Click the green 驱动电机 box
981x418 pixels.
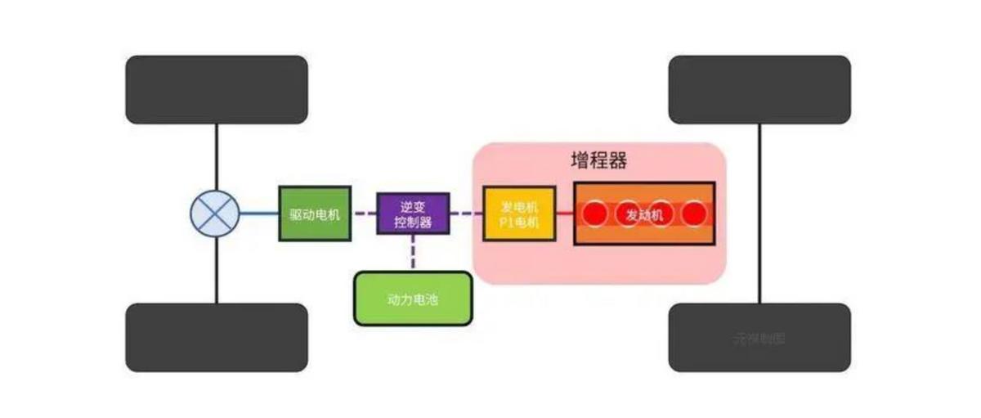[x=315, y=213]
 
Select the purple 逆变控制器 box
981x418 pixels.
[x=413, y=213]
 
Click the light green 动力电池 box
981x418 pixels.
[x=413, y=299]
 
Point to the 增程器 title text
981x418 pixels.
[x=598, y=160]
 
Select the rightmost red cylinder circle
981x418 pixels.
[x=694, y=214]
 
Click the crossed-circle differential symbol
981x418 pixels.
[x=215, y=213]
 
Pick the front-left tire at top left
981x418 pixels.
[x=216, y=89]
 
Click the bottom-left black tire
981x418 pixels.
[x=216, y=337]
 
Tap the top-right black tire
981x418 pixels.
[x=759, y=89]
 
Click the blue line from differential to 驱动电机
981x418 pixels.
[x=259, y=213]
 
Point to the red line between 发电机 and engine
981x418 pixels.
[x=564, y=214]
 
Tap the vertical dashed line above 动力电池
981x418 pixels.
[x=413, y=253]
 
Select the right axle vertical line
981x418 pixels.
[x=760, y=213]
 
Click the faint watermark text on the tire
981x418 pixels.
[x=759, y=338]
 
